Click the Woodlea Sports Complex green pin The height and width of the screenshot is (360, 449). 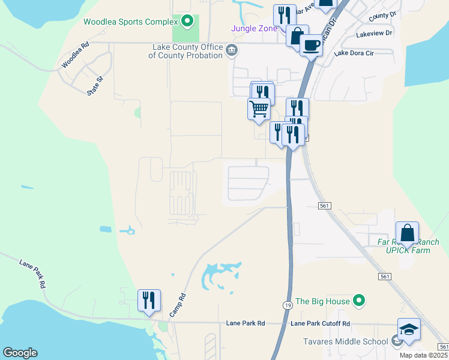[x=187, y=22]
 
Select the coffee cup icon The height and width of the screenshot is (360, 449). [x=310, y=45]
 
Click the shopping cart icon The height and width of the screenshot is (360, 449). [x=259, y=109]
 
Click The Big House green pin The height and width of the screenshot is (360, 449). [x=359, y=301]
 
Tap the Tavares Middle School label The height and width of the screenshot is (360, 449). [x=342, y=342]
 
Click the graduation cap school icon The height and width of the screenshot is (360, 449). [x=409, y=329]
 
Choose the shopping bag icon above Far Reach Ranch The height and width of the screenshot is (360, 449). [x=407, y=232]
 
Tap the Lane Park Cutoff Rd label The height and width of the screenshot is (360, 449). [x=320, y=323]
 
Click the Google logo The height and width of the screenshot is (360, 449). [x=20, y=353]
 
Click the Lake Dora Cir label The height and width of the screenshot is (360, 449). [x=353, y=53]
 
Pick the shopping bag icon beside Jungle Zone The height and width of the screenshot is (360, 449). [x=297, y=35]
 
